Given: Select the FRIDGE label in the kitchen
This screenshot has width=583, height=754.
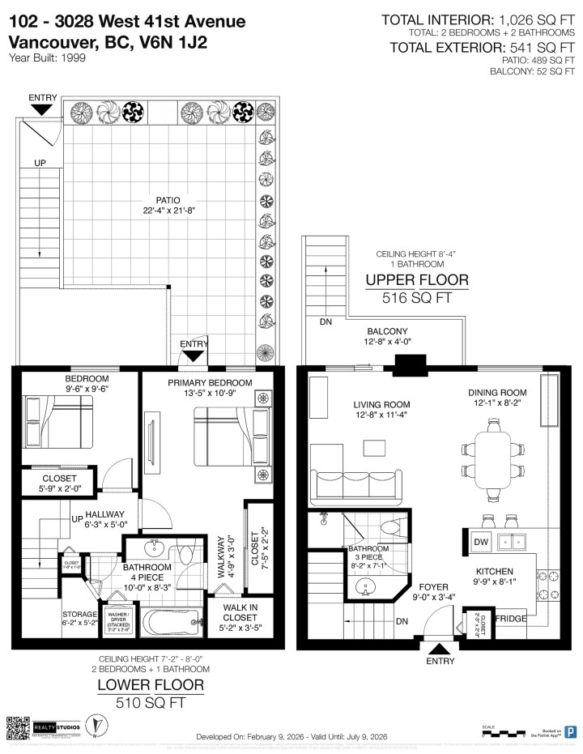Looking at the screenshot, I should pos(510,619).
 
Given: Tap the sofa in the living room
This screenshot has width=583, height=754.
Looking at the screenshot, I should pos(353,483).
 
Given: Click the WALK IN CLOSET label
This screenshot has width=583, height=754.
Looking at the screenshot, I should pos(232,620).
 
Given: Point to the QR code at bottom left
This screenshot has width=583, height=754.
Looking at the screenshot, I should pos(18,726).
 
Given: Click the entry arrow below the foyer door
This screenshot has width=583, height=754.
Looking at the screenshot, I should pos(440,647).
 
